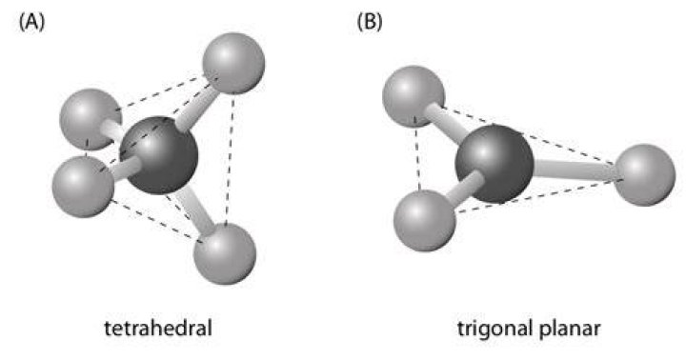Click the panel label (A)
[x=31, y=22]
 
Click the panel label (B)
[x=370, y=22]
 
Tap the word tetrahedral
[x=158, y=328]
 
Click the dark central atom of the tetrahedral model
[x=159, y=155]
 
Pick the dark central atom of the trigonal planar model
[x=494, y=164]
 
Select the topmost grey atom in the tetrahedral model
[x=233, y=63]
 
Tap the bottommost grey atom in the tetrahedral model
[x=225, y=253]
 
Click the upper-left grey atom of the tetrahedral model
[x=89, y=119]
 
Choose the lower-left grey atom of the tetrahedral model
[x=83, y=187]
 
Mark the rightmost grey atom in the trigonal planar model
[x=645, y=175]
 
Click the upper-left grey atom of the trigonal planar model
[x=414, y=97]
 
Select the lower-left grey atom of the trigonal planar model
[x=425, y=220]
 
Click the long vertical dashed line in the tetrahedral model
[x=230, y=158]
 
